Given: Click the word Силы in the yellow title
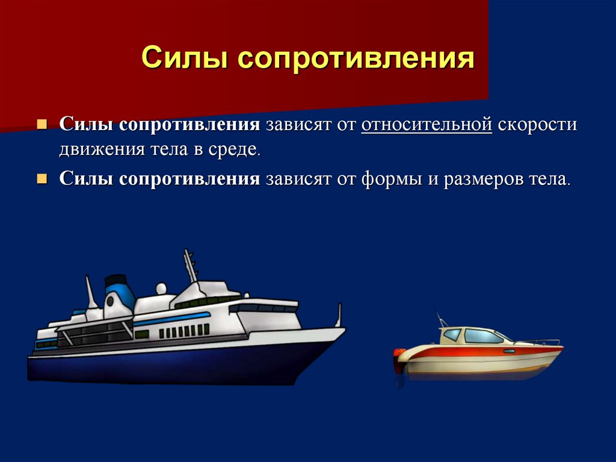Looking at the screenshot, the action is (184, 57).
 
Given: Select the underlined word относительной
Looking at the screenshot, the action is (427, 124).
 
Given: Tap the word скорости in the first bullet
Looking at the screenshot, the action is (537, 124).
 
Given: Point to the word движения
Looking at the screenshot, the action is (102, 151).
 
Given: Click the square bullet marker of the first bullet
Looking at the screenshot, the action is (42, 125).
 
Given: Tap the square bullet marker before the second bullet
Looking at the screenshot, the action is (42, 179).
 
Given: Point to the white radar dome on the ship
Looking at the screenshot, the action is (161, 289).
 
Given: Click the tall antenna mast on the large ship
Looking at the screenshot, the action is (190, 266).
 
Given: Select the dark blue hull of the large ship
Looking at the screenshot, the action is (165, 364).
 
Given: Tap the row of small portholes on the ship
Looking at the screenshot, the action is (184, 331).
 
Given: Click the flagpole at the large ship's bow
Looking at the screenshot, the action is (338, 315).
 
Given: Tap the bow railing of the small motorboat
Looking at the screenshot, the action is (538, 342).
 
